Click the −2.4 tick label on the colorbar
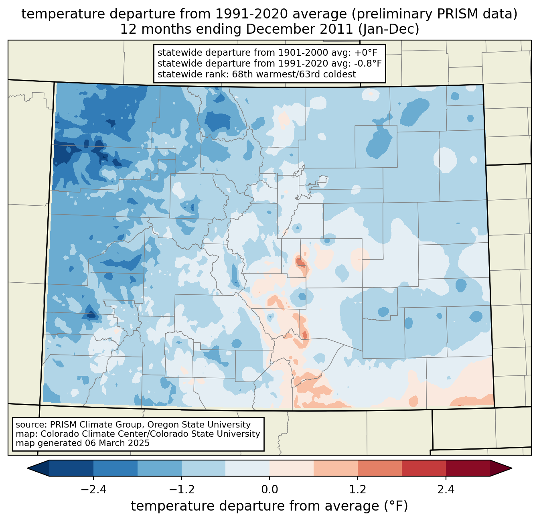tap(93, 490)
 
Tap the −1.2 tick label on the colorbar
tap(181, 490)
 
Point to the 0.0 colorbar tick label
tap(269, 490)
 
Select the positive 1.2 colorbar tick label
tap(358, 490)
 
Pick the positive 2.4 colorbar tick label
tap(446, 490)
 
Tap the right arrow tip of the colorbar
tap(511, 468)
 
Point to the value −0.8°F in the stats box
tap(367, 63)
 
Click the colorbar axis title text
tap(269, 507)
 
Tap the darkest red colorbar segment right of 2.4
tap(468, 468)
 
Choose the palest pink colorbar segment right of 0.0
tap(292, 468)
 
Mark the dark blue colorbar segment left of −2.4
tap(71, 468)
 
